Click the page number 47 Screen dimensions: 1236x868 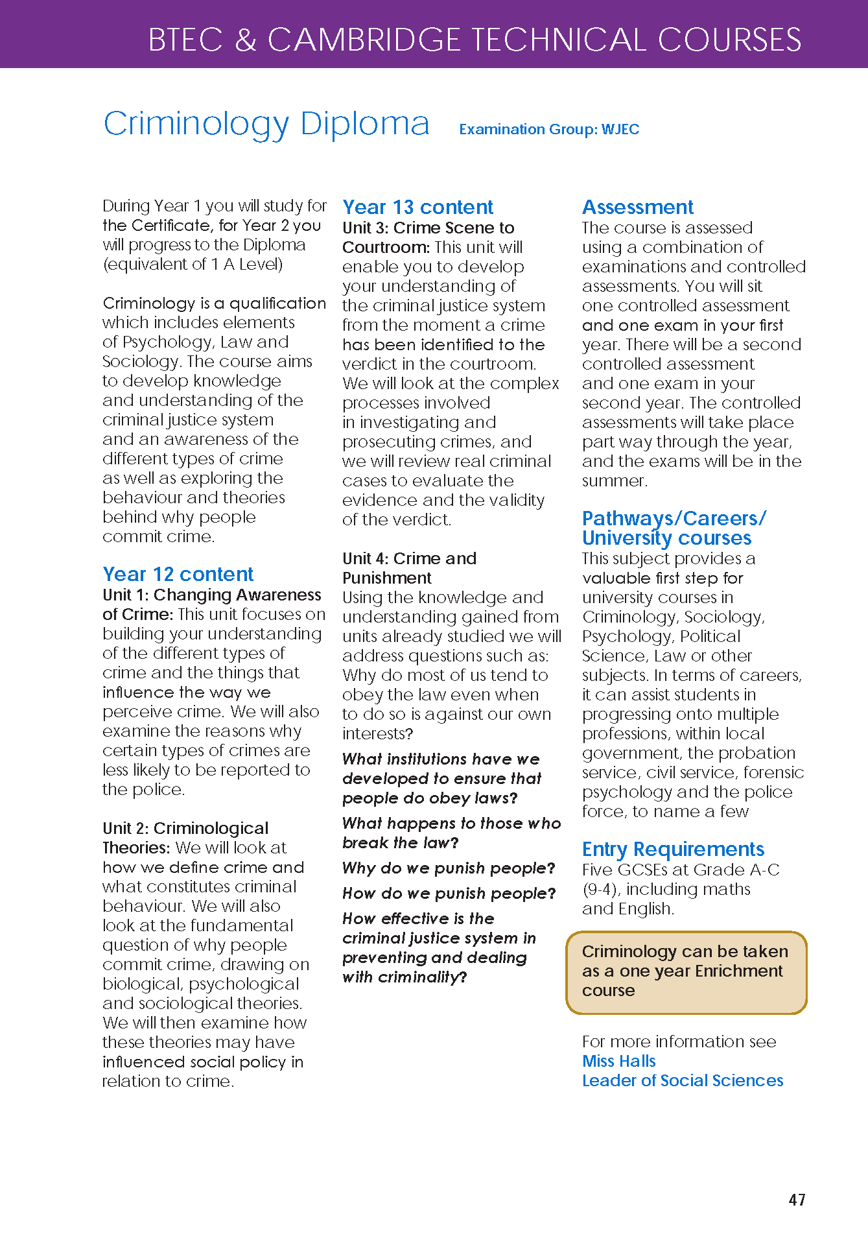coord(797,1200)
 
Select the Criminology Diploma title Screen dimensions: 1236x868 coord(266,123)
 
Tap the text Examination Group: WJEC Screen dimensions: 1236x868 coord(549,129)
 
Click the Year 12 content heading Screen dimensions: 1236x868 coord(178,574)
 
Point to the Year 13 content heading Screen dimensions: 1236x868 coord(417,207)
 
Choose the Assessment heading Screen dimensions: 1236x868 coord(637,207)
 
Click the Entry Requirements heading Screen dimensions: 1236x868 coord(673,849)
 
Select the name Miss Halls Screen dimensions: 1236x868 coord(618,1061)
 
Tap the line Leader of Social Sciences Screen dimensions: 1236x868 coord(682,1080)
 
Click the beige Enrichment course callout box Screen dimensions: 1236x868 coord(686,972)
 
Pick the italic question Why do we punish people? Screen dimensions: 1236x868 coord(449,868)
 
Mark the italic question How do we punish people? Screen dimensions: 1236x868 coord(449,893)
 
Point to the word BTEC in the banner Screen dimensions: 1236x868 coord(185,40)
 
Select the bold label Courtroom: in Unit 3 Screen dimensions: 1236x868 coord(386,247)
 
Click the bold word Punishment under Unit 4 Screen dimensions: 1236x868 coord(386,578)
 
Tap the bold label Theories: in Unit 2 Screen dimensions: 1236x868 coord(136,848)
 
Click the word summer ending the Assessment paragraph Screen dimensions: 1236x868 coord(613,481)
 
